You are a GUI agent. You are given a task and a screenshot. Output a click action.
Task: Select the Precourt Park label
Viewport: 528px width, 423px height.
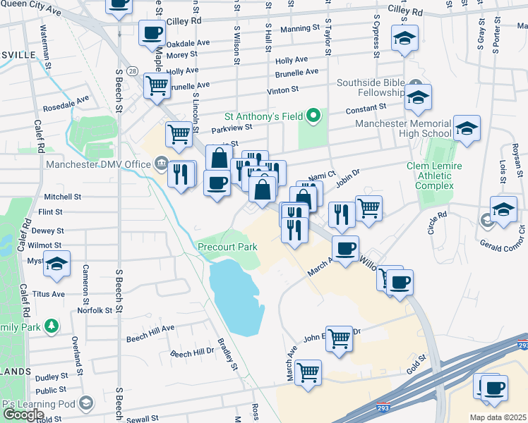(227, 247)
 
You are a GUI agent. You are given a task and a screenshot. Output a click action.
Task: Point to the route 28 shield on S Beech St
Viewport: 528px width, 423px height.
(132, 71)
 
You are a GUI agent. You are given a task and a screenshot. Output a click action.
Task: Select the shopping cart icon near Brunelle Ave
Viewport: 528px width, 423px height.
(157, 85)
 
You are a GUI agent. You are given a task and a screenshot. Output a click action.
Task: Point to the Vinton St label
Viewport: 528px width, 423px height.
(283, 90)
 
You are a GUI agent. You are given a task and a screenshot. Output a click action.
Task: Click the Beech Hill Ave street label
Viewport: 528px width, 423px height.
(150, 329)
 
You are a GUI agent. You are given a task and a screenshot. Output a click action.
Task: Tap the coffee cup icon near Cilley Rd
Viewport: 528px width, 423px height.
(152, 32)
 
